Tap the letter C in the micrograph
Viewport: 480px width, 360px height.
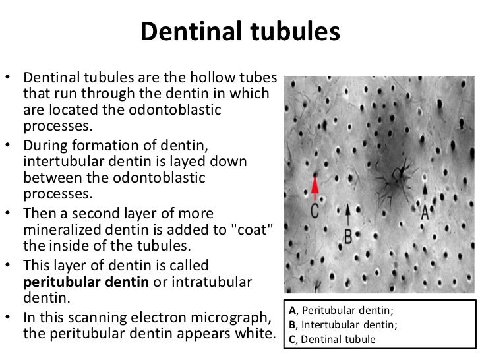point(315,212)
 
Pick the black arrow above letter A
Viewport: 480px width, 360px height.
point(425,191)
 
